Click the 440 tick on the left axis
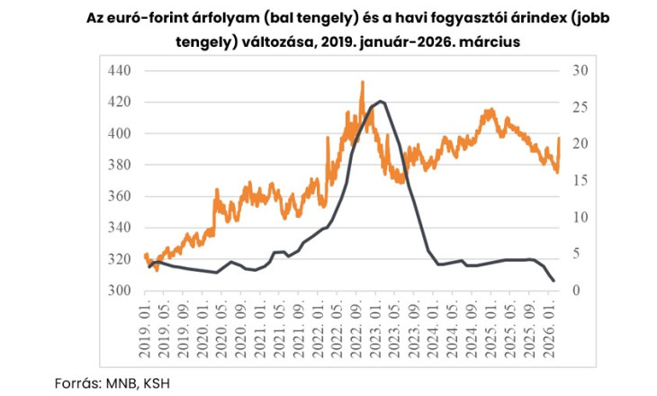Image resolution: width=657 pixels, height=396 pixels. point(119,71)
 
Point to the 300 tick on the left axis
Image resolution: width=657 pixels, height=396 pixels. point(119,291)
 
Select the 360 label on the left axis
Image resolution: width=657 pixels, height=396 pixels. point(119,196)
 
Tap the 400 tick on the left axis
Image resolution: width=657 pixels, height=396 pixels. point(119,134)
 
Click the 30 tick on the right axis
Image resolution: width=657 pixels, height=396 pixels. point(580,71)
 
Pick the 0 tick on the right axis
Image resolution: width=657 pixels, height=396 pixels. point(576,291)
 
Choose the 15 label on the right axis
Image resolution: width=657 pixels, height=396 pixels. point(580,181)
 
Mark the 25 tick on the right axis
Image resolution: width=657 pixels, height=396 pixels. point(580,108)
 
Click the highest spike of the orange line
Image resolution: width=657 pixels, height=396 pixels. point(362,82)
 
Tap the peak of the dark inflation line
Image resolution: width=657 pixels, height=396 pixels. point(381,101)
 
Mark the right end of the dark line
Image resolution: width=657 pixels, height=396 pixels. point(553,282)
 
